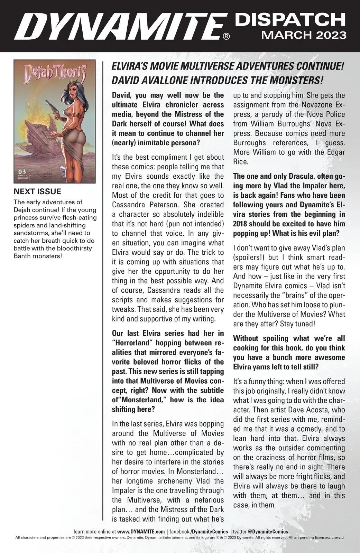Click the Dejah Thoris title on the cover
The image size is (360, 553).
54,74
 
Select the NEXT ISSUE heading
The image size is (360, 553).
37,191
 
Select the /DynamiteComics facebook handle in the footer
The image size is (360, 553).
209,532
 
